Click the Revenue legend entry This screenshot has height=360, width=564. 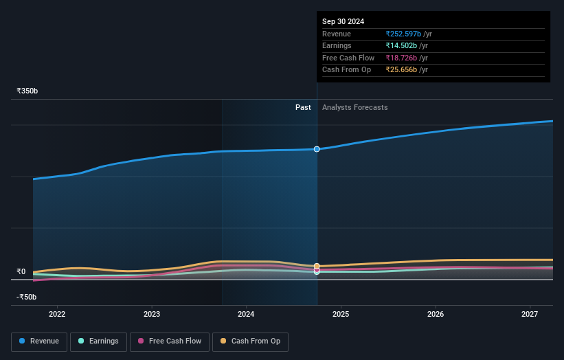coord(39,341)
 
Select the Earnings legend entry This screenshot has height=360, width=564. coord(98,341)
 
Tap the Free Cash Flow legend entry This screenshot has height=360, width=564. coord(169,341)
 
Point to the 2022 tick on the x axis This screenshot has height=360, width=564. coord(57,314)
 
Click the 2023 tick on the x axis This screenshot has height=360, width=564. coord(152,314)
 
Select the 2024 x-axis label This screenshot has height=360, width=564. coord(246,314)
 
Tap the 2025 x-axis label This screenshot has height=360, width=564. coord(341,314)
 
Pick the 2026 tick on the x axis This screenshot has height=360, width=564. coord(436,314)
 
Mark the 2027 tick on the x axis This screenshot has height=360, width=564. coord(530,314)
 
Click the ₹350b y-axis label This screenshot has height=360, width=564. coord(27,91)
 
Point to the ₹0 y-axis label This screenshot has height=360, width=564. coord(21,271)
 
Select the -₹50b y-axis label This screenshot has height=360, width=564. coord(27,297)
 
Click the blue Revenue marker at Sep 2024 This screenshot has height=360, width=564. coord(317,149)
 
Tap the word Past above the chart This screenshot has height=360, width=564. coord(303,107)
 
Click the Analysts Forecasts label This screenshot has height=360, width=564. coord(354,107)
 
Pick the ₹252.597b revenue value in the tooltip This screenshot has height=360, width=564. coord(403,34)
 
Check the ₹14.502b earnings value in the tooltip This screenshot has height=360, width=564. coord(401,46)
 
